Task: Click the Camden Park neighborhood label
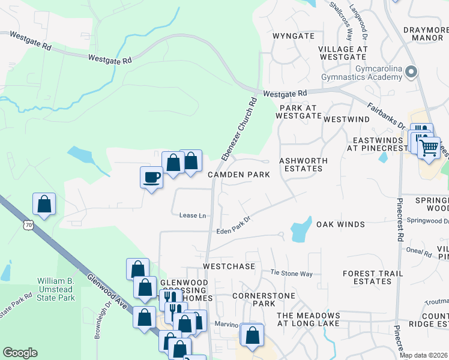pos(238,175)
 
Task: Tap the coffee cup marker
pos(151,178)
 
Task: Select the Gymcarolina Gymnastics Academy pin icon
pos(411,73)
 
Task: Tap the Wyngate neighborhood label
pos(294,36)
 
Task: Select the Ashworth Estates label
pos(303,165)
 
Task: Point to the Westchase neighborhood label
pos(229,266)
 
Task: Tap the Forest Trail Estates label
pos(367,277)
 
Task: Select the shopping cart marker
pos(429,147)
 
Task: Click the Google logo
pos(20,353)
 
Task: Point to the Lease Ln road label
pos(192,215)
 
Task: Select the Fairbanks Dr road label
pos(386,114)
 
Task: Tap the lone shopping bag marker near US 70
pos(44,204)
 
